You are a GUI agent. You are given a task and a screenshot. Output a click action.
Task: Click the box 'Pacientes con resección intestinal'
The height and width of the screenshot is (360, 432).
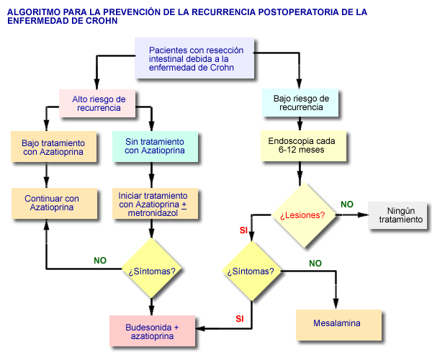[x=195, y=58]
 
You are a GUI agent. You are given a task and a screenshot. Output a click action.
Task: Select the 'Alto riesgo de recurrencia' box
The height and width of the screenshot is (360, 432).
[x=99, y=103]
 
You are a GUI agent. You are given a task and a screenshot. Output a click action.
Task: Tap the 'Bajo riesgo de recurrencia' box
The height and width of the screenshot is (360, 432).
[x=301, y=102]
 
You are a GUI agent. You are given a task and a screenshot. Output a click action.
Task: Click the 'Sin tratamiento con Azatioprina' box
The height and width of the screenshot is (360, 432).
[x=154, y=147]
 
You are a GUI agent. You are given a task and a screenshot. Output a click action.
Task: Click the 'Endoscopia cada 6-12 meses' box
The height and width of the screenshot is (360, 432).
[x=302, y=145]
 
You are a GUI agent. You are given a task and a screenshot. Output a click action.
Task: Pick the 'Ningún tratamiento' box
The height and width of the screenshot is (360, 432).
[x=400, y=215]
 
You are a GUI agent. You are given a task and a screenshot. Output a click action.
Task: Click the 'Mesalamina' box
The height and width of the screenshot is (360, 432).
[x=337, y=324]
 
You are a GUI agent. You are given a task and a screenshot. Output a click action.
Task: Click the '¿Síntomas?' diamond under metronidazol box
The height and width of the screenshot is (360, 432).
[x=152, y=271]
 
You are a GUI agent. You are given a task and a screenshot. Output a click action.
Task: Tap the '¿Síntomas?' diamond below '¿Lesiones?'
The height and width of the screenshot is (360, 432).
[x=250, y=271]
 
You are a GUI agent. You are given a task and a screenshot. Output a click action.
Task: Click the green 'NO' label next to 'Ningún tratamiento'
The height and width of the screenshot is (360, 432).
[x=347, y=204]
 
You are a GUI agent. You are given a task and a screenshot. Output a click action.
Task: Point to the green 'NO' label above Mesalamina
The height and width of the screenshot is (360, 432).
[x=315, y=264]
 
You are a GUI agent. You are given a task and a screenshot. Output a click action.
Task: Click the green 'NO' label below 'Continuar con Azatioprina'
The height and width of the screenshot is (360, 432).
[x=100, y=260]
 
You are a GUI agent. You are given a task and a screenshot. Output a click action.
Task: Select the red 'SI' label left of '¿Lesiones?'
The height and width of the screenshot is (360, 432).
[x=243, y=230]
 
